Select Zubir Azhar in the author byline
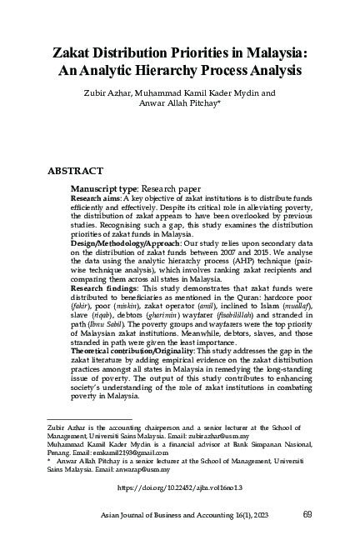pyautogui.click(x=105, y=94)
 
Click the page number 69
pyautogui.click(x=307, y=514)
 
